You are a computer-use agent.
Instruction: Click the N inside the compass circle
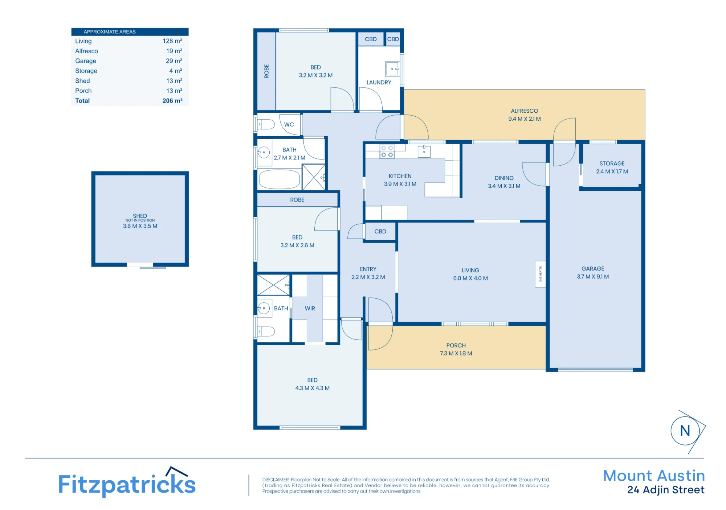tap(685, 431)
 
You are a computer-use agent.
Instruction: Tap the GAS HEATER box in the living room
tap(540, 274)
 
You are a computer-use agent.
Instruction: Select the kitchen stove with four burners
tap(387, 152)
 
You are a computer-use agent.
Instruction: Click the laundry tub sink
tap(392, 69)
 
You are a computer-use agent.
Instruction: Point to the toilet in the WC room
tap(266, 125)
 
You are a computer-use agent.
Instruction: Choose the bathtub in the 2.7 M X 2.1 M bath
tap(280, 179)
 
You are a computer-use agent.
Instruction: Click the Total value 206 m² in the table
tap(172, 101)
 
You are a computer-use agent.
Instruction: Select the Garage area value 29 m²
tap(174, 61)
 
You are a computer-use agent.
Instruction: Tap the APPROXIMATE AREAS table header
tap(110, 32)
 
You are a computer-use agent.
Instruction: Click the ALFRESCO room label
tap(524, 111)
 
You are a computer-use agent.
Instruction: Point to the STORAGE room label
tap(612, 163)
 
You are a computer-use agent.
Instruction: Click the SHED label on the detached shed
tap(140, 216)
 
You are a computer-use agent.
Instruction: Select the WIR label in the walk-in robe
tap(310, 308)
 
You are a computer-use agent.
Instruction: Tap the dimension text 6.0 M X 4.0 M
tap(470, 278)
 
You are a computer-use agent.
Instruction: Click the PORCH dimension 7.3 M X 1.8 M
tap(456, 353)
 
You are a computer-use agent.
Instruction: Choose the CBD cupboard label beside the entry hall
tap(380, 231)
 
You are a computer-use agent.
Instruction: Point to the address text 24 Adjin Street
tap(666, 490)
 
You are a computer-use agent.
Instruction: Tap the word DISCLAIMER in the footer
tap(276, 480)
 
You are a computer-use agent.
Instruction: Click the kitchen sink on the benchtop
tap(424, 152)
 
